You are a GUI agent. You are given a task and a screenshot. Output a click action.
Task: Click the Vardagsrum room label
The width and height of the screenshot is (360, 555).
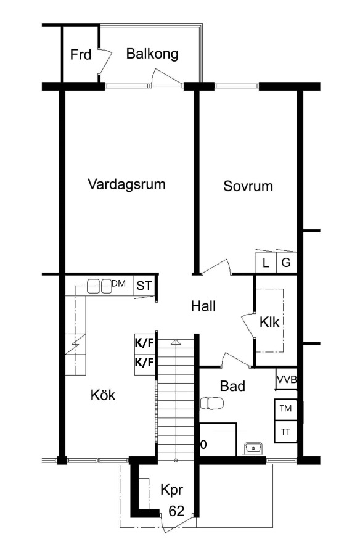[x=126, y=184]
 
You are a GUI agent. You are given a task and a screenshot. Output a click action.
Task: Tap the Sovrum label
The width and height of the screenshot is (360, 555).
[x=248, y=186]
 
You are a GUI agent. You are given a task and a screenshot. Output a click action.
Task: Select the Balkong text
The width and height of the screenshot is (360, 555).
[x=152, y=54]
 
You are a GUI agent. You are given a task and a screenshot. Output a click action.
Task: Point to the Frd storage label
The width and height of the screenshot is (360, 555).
[x=81, y=54]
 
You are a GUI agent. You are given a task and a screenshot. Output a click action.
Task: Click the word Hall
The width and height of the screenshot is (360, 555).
[x=203, y=306]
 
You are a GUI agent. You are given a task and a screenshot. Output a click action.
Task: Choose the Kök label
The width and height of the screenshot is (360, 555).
[x=103, y=395]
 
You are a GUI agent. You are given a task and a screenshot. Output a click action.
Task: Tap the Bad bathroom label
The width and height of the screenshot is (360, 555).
[x=232, y=386]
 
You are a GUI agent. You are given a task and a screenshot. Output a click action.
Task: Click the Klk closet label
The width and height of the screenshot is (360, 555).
[x=269, y=322]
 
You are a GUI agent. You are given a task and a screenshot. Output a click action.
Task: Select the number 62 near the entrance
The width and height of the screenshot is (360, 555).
[x=176, y=511]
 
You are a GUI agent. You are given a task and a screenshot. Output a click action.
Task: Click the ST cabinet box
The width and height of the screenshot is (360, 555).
[x=144, y=286]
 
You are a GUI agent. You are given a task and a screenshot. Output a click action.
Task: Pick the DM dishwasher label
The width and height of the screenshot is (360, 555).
[x=118, y=283]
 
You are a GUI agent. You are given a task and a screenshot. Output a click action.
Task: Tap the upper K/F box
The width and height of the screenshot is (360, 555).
[x=144, y=343]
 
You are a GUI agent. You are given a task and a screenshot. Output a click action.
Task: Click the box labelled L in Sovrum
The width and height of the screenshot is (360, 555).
[x=266, y=263]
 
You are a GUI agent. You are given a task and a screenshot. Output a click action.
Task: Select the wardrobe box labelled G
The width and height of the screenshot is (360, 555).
[x=286, y=263]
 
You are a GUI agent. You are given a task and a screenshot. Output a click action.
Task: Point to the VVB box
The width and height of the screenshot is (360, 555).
[x=287, y=379]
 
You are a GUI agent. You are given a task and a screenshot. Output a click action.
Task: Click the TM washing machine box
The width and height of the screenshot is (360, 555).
[x=285, y=410]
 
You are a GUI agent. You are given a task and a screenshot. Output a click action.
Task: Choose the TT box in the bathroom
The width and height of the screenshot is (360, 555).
[x=285, y=432]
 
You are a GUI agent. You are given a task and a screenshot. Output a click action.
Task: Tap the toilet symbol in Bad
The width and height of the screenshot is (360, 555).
[x=211, y=403]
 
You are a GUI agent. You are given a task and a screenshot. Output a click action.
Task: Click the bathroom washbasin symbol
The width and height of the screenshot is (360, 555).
[x=253, y=448]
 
